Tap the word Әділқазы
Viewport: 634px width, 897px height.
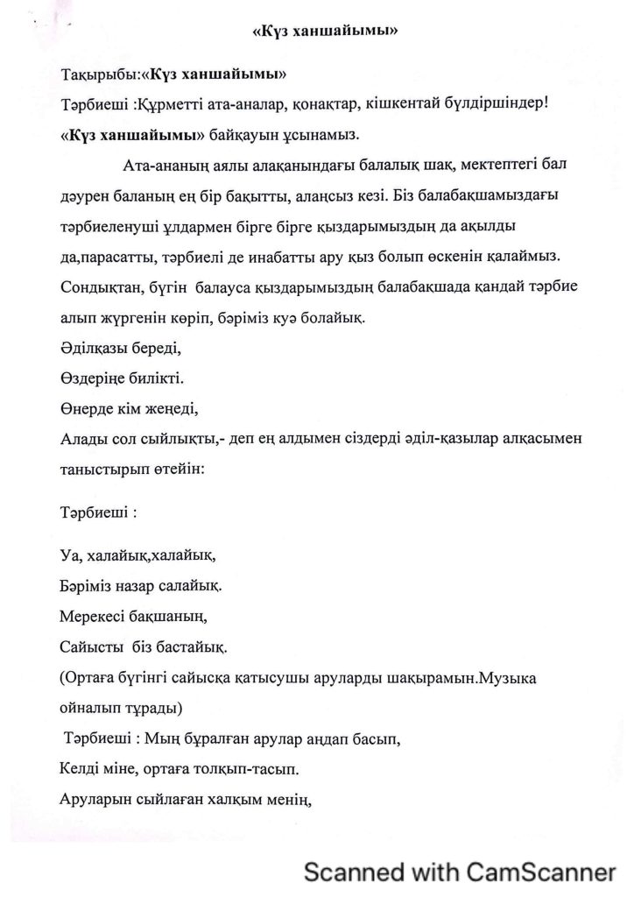point(94,349)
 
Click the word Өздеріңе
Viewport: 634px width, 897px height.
point(93,379)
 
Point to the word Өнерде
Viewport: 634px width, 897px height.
point(87,410)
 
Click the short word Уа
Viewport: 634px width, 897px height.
point(70,554)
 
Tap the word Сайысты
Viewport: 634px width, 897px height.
point(92,647)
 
